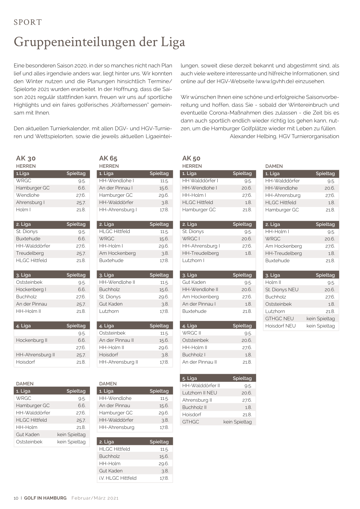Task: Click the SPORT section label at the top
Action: (28, 22)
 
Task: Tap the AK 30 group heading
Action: (26, 158)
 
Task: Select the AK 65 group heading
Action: (108, 158)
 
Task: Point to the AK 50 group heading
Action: (191, 158)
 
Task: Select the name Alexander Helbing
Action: (253, 136)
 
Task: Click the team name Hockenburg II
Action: (32, 340)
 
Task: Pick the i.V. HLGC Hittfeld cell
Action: (118, 478)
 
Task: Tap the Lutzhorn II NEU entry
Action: (200, 393)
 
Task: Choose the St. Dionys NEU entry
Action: (282, 289)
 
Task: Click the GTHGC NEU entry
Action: (279, 318)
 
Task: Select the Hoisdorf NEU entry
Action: (280, 326)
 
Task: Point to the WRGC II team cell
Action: (191, 333)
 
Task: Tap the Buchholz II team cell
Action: (194, 407)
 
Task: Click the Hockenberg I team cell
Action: (31, 289)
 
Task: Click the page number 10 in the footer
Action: (16, 498)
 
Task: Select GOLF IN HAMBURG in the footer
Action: (45, 498)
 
